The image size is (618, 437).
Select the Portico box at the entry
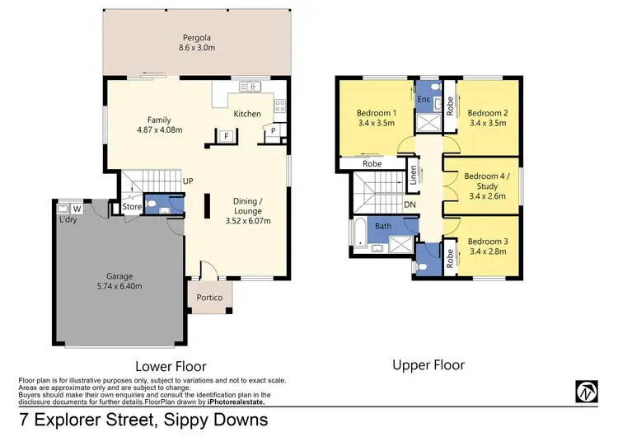(208, 297)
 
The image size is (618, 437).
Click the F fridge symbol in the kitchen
(225, 136)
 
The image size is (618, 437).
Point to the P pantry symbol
(271, 131)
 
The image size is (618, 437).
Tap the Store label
(132, 207)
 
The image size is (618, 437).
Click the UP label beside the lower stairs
(188, 181)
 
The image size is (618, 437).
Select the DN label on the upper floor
(410, 204)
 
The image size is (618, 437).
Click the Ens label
(424, 99)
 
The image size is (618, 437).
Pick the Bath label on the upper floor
(384, 225)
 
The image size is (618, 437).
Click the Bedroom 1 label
(377, 113)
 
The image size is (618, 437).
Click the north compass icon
(587, 391)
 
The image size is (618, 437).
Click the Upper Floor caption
(428, 364)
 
